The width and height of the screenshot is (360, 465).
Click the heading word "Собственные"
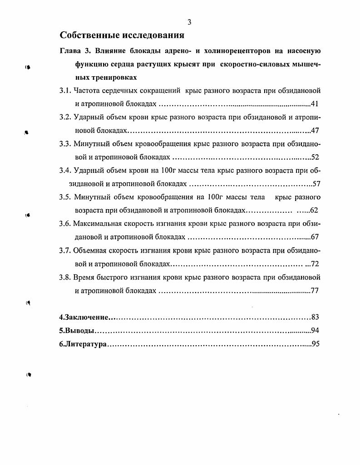(89, 35)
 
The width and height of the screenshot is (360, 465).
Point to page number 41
(315, 103)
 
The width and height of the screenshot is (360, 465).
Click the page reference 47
(315, 131)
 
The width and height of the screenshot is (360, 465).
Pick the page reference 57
(316, 184)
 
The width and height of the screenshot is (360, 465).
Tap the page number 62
(314, 210)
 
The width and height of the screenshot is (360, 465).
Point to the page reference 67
(315, 237)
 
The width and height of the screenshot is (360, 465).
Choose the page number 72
(315, 264)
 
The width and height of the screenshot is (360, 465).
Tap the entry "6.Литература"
(83, 344)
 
